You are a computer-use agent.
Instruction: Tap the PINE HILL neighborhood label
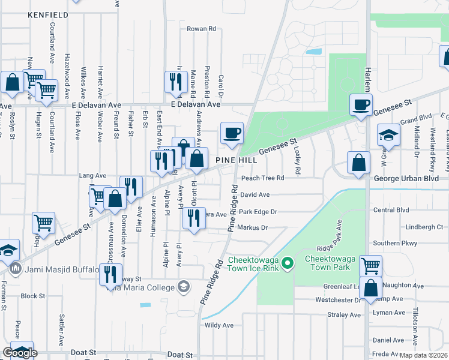pos(237,161)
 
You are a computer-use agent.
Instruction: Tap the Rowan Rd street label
pos(201,29)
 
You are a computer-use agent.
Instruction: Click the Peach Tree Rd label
pos(262,178)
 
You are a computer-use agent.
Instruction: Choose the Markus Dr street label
pos(253,228)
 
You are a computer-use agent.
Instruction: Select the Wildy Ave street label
pos(219,325)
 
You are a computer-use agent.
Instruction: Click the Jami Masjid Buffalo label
pos(59,269)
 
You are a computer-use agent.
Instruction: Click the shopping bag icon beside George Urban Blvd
pos(358,163)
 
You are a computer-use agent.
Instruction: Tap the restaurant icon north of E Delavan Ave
pos(175,83)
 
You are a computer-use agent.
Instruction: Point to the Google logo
pos(20,353)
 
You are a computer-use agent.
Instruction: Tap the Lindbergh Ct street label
pos(424,227)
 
